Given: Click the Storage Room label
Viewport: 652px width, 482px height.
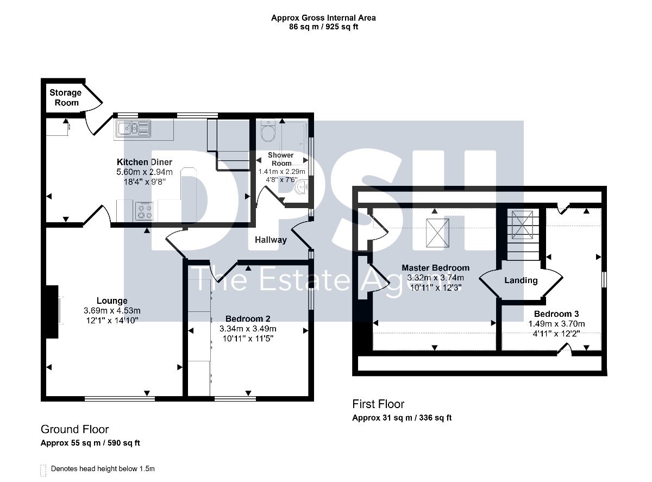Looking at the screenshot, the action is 65,98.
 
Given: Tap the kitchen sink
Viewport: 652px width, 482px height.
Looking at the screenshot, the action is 133,128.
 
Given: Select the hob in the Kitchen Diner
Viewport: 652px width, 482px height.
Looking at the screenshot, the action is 144,210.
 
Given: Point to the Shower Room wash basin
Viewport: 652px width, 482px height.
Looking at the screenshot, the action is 300,187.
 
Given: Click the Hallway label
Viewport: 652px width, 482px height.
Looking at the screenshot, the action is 271,240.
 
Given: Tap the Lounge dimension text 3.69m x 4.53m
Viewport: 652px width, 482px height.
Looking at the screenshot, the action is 112,310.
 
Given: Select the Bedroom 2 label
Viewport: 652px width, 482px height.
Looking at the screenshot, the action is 248,318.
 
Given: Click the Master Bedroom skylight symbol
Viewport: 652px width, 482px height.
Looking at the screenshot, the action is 437,233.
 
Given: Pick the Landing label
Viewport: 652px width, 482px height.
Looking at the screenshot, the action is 521,280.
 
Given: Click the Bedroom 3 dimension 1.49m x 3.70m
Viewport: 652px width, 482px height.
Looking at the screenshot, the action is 556,324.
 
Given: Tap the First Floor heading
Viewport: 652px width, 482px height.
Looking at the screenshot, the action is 378,404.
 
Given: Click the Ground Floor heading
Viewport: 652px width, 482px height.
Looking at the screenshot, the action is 74,429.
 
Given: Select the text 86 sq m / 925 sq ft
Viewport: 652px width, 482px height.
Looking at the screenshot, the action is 323,27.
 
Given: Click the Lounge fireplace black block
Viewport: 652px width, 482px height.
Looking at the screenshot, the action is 52,312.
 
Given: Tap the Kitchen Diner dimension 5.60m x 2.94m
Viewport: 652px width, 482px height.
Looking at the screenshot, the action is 145,172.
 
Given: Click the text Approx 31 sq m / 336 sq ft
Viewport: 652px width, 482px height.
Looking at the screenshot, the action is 402,417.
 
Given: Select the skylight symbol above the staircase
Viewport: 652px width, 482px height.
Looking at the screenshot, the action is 522,225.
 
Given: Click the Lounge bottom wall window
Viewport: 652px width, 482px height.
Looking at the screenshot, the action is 120,398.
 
